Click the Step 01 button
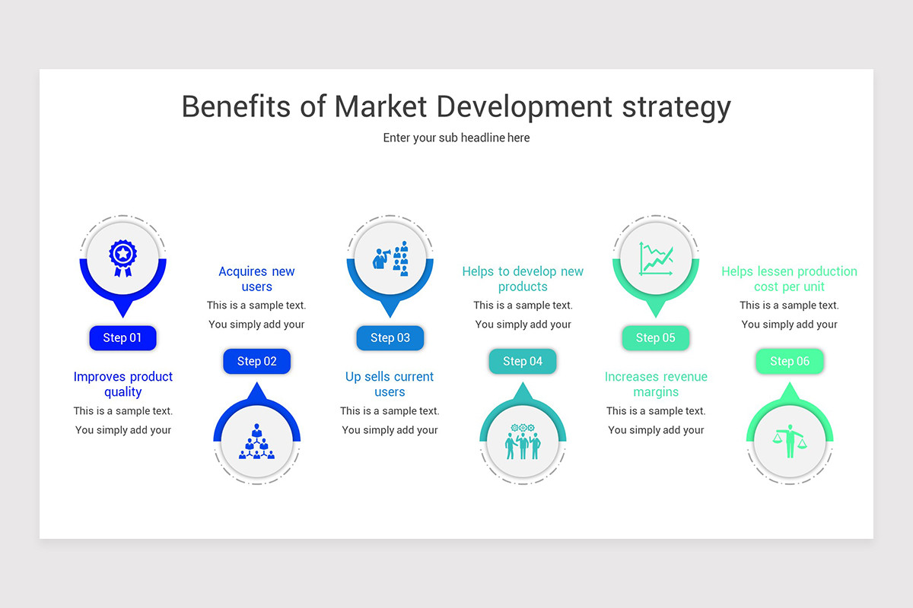click(122, 338)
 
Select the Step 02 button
click(256, 362)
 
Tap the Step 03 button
click(390, 338)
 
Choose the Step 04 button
click(523, 362)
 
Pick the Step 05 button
click(656, 338)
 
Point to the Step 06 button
click(790, 362)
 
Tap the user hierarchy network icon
click(256, 442)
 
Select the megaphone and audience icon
click(390, 258)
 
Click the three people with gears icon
click(523, 442)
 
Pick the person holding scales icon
click(790, 442)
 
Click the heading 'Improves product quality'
click(123, 385)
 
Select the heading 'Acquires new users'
click(256, 279)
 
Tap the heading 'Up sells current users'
click(390, 385)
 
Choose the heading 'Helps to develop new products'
click(523, 279)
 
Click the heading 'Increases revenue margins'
click(656, 385)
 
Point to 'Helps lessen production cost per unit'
click(789, 279)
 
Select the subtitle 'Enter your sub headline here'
click(456, 138)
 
